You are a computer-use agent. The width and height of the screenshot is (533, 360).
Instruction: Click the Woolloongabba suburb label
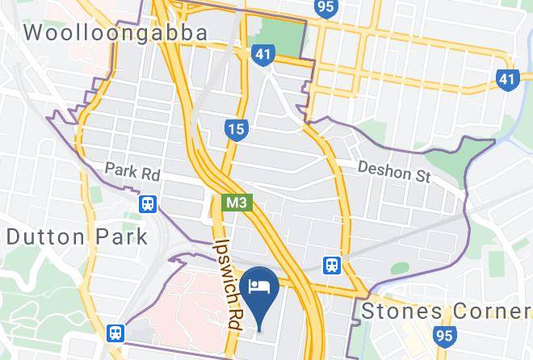(115, 32)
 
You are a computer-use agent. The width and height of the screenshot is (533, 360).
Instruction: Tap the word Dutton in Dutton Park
(43, 237)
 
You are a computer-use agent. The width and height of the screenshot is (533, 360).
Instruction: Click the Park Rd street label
(132, 173)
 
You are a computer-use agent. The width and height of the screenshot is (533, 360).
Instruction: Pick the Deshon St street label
(394, 172)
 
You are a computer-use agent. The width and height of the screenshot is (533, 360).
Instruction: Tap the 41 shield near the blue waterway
(506, 78)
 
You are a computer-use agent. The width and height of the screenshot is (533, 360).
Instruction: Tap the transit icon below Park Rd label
(147, 203)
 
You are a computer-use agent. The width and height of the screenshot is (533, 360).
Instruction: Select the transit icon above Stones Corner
(332, 265)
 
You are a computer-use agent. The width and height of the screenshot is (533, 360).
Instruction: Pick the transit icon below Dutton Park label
(116, 333)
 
